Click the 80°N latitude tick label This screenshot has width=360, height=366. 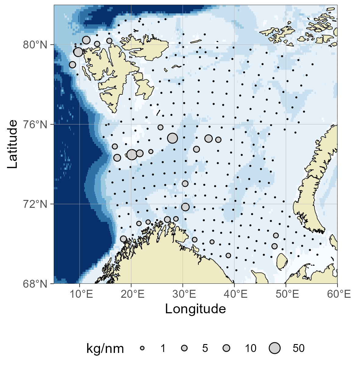[x=35, y=45]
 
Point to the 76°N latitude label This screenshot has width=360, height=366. [x=35, y=125]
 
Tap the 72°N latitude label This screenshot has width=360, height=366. [x=35, y=204]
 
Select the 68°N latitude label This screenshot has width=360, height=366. [x=35, y=284]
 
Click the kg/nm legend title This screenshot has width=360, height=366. [x=105, y=348]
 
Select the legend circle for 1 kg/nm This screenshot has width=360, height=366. [x=142, y=348]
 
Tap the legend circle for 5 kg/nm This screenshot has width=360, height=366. [x=184, y=348]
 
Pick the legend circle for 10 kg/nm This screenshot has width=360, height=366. [x=226, y=348]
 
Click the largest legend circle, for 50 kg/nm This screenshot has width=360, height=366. [x=275, y=348]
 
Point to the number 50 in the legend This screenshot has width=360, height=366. [x=298, y=348]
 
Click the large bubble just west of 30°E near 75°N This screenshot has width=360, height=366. [x=173, y=138]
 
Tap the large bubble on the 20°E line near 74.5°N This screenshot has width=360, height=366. [x=132, y=155]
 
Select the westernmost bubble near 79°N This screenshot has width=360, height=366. [x=73, y=65]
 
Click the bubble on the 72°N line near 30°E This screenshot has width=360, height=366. [x=185, y=207]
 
